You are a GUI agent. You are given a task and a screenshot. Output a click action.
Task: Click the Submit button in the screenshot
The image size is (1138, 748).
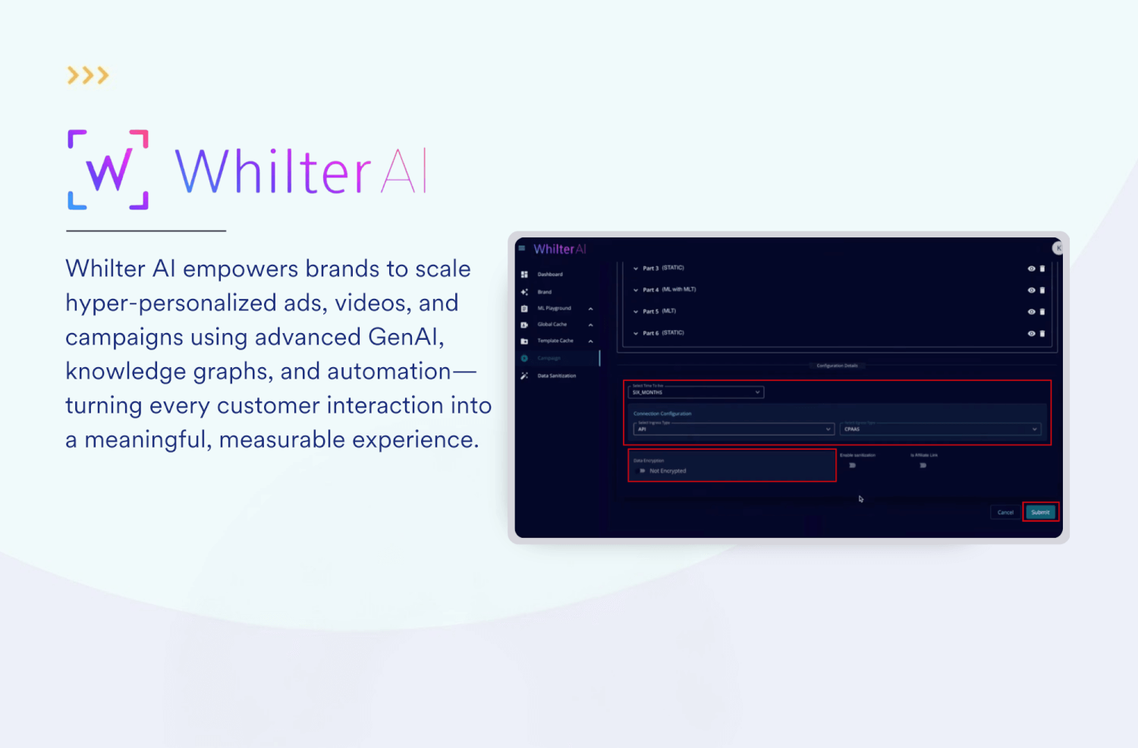(x=1040, y=512)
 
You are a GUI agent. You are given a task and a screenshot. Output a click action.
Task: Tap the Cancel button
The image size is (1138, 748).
(x=1005, y=512)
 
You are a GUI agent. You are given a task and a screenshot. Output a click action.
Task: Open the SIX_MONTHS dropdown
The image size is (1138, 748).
(x=696, y=392)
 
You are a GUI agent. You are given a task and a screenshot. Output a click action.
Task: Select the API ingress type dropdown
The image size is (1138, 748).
(x=733, y=429)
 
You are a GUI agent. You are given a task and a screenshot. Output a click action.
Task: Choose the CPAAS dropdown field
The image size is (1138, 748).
(x=940, y=429)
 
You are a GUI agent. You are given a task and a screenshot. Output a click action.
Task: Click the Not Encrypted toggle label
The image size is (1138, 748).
(x=667, y=471)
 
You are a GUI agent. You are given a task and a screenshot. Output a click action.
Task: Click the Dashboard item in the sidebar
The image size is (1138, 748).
(x=550, y=275)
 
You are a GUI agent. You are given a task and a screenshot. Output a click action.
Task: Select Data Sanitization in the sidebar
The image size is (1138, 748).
(x=556, y=376)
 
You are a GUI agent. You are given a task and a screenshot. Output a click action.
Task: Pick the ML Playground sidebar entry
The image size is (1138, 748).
(x=554, y=308)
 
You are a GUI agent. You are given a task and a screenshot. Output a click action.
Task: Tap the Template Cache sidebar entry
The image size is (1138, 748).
(x=555, y=341)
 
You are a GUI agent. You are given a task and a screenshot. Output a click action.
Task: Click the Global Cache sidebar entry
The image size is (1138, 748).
(x=552, y=325)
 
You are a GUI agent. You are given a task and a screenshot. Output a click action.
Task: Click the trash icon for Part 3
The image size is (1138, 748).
(x=1042, y=269)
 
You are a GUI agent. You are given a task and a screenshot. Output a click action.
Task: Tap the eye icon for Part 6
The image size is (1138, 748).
(x=1031, y=333)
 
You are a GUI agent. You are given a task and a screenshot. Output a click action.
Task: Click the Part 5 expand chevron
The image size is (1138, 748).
(x=636, y=312)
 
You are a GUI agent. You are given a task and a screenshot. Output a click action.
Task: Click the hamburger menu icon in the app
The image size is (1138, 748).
(x=521, y=248)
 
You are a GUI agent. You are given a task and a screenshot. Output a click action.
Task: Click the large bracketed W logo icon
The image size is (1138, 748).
(x=108, y=170)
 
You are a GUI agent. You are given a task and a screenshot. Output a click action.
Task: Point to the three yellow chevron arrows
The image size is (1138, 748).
(x=88, y=75)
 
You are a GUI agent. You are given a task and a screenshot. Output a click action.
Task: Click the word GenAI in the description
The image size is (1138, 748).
(x=402, y=337)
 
